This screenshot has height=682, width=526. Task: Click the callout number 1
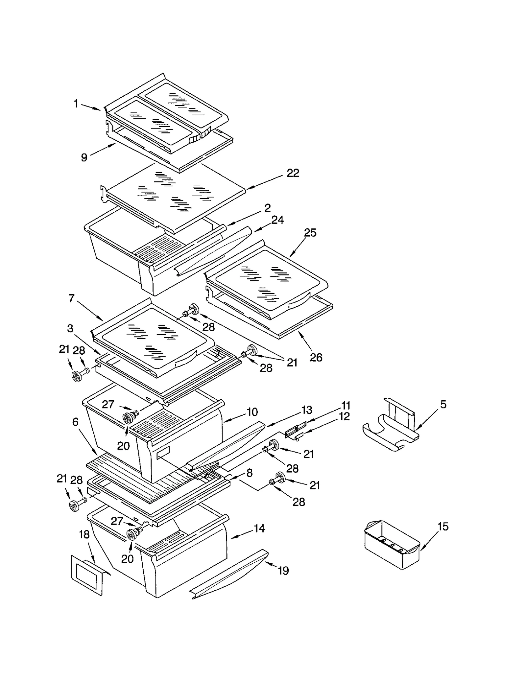76,104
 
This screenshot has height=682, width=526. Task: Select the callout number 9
84,157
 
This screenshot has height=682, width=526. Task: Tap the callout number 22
293,173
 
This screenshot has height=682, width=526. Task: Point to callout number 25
310,233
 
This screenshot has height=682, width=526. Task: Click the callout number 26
316,357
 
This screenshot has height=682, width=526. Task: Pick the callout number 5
443,404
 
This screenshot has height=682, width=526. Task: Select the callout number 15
443,527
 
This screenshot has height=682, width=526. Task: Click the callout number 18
84,535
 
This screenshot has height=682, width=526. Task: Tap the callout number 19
283,571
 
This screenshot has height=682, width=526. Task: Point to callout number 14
259,529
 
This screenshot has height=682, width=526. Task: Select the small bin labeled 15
391,546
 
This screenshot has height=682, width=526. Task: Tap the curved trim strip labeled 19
230,575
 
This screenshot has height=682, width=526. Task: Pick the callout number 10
252,412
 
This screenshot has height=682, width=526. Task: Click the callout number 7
71,298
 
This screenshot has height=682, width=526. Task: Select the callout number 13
306,410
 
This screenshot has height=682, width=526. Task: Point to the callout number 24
277,220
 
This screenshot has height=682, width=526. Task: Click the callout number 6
75,422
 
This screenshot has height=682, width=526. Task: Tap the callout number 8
249,473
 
